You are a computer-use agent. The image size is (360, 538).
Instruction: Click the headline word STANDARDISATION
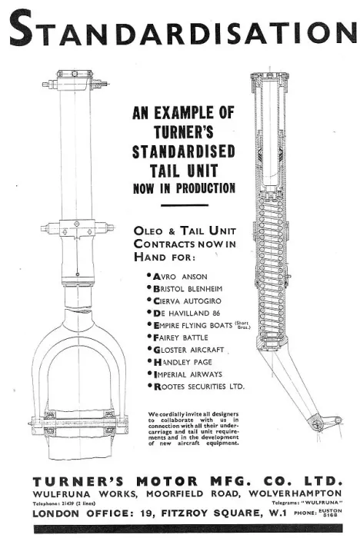point(182,29)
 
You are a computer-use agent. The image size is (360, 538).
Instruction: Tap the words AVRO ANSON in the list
point(180,277)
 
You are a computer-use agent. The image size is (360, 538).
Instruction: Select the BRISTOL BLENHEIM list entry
point(188,288)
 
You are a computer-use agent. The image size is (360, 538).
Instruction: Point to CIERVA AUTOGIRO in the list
point(187,301)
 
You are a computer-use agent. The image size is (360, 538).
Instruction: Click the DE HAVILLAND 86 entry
point(186,314)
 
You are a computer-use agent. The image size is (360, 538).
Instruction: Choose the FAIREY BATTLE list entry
point(180,337)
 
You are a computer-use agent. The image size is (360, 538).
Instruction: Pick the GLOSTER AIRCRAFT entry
point(188,350)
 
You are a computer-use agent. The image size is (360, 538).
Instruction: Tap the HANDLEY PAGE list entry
point(182,362)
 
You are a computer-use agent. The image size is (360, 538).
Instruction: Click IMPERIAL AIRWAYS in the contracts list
point(188,374)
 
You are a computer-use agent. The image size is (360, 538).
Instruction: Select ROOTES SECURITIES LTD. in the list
point(198,387)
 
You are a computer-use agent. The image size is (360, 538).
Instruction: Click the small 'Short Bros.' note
point(242,325)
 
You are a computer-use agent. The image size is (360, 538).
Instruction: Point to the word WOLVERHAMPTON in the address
point(295,493)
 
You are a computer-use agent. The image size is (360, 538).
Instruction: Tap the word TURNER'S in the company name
point(78,481)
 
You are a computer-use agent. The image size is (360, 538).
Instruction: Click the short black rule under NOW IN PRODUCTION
point(185,205)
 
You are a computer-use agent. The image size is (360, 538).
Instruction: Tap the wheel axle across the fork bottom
point(78,422)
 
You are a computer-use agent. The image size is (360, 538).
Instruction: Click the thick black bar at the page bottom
point(188,529)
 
